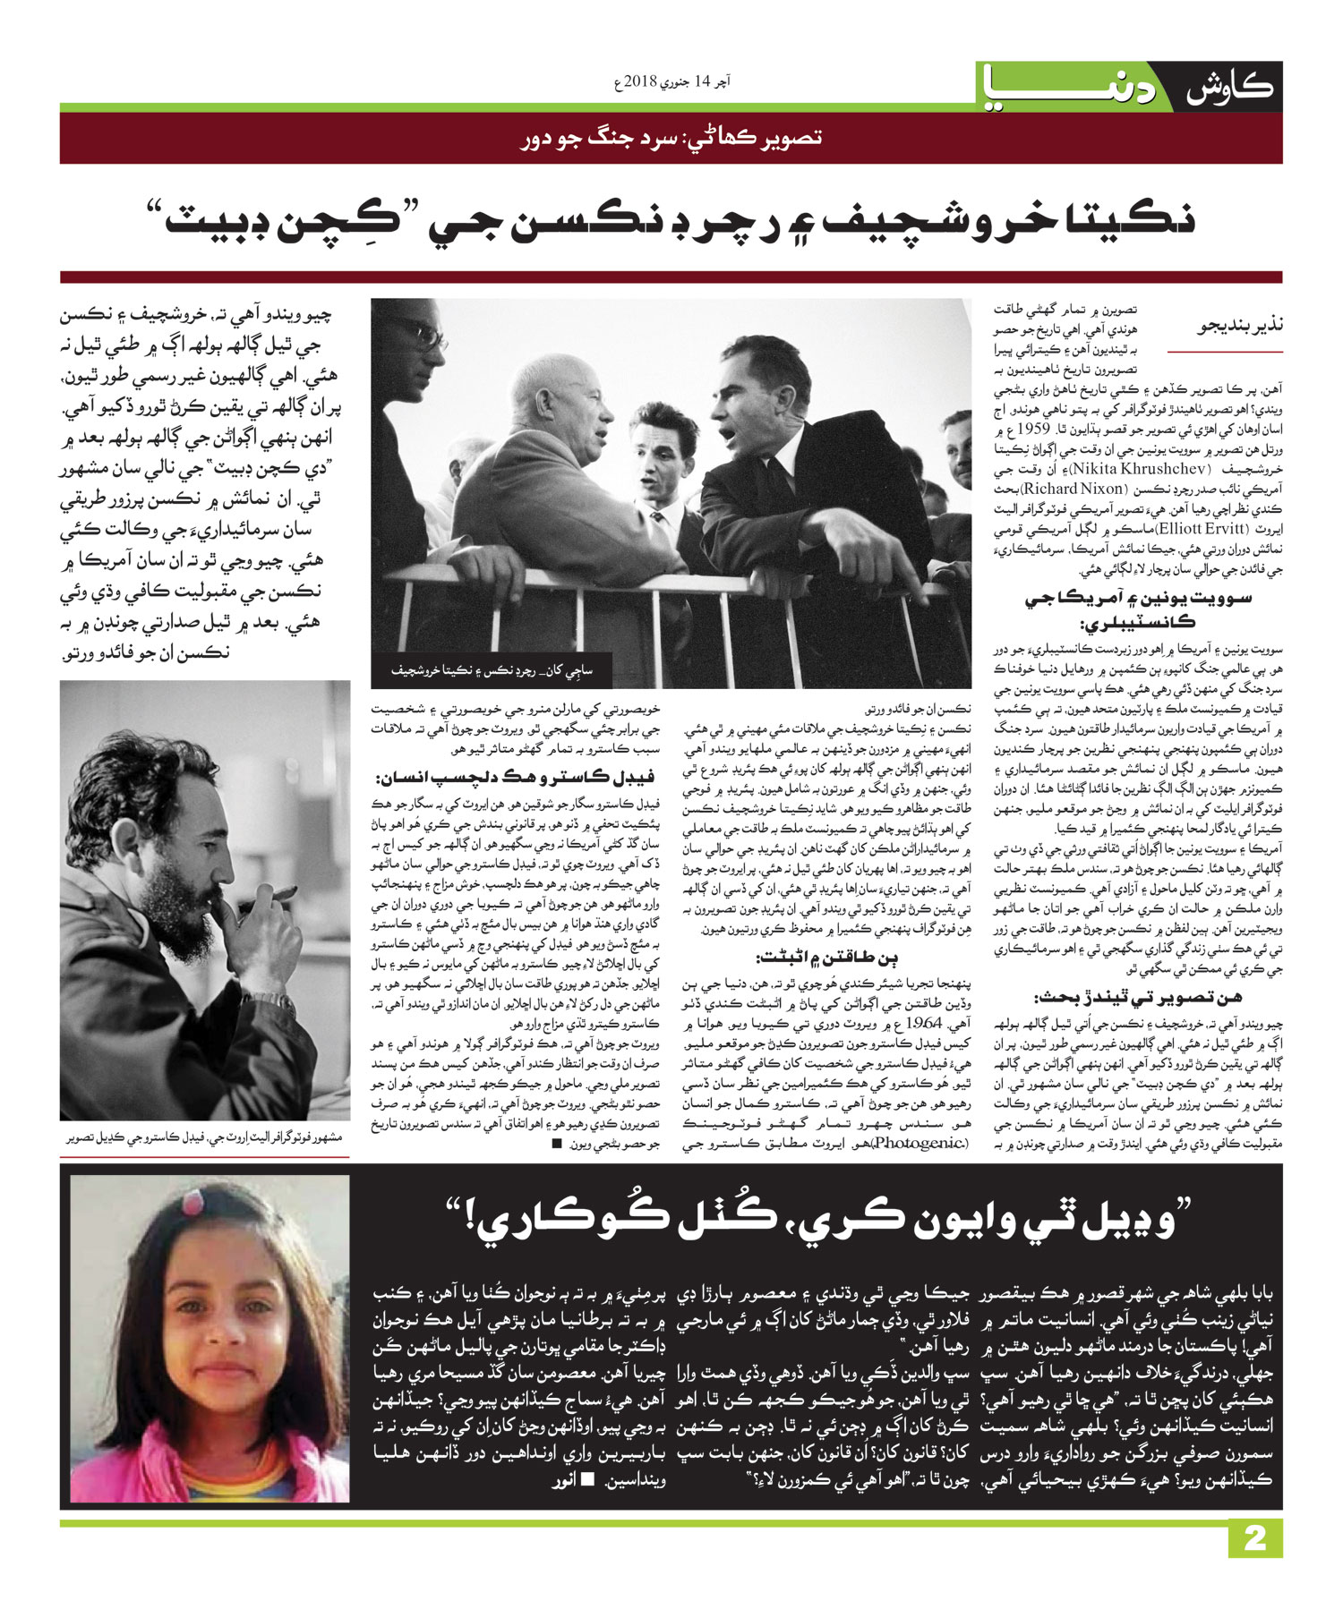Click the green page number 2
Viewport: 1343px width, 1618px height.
pyautogui.click(x=1255, y=1538)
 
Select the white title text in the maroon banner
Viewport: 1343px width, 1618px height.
pyautogui.click(x=671, y=138)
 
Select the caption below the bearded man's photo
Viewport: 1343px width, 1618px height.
pyautogui.click(x=204, y=1137)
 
